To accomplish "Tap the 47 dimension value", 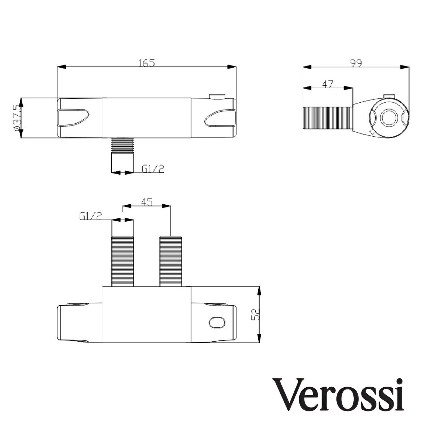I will pos(327,84).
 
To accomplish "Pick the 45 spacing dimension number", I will pos(146,202).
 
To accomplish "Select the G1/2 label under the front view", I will pos(153,169).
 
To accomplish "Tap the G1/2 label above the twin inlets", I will pos(91,216).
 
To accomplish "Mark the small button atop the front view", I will pos(217,97).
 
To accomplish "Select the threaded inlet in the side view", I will pos(327,118).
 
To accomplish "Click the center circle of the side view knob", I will pos(389,118).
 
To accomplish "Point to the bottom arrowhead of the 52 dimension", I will pos(259,338).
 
